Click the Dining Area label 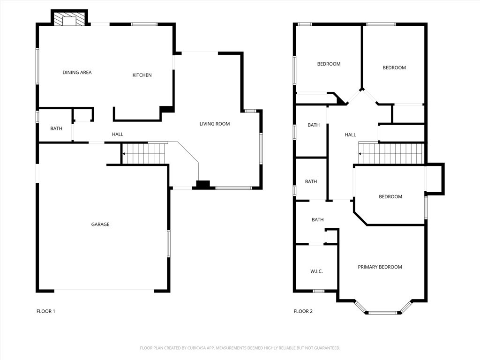coord(77,73)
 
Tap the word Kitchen coord(142,75)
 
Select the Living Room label coord(215,124)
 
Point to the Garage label coord(100,225)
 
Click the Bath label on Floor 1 coord(56,128)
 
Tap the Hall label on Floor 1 coord(118,134)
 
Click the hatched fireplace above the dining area coord(69,18)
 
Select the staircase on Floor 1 coord(143,153)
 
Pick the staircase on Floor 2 coord(391,153)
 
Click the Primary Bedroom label coord(380,267)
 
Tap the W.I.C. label coord(316,271)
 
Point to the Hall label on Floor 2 coord(351,135)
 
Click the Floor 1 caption coord(46,311)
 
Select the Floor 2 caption coord(303,311)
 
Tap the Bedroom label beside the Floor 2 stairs coord(390,196)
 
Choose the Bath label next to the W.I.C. coord(318,219)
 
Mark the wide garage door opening coord(105,290)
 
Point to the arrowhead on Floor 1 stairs coord(124,153)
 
